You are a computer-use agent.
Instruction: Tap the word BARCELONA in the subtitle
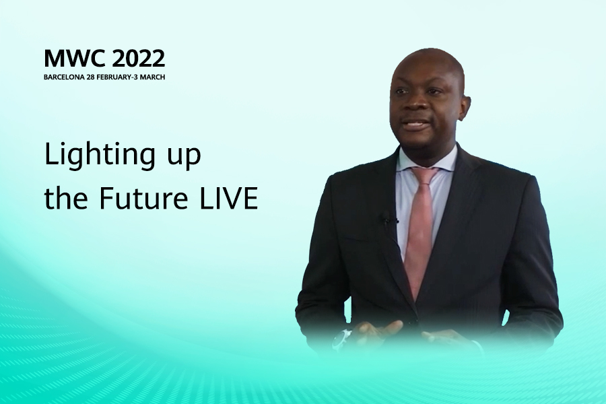[x=64, y=77]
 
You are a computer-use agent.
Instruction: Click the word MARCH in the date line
[x=152, y=77]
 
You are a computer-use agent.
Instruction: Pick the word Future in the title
[x=143, y=199]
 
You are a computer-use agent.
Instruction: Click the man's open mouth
[x=414, y=125]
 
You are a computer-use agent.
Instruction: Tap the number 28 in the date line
[x=90, y=77]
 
